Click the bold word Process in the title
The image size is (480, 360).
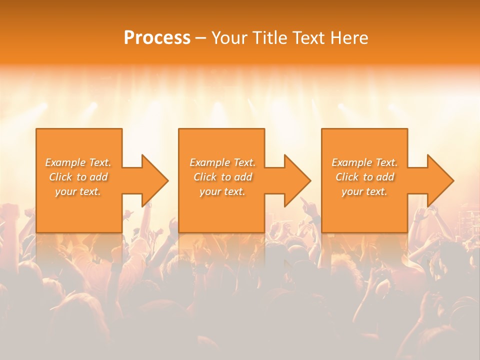click(x=157, y=38)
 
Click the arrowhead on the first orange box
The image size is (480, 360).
click(x=154, y=180)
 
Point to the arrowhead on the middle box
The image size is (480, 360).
click(x=297, y=180)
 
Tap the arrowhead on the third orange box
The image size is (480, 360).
click(x=440, y=180)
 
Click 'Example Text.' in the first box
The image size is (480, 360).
click(x=78, y=162)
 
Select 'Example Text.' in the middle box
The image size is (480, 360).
click(x=222, y=162)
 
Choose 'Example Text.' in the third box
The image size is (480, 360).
click(x=364, y=162)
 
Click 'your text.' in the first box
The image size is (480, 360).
click(x=78, y=191)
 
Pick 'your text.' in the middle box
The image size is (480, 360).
click(x=222, y=191)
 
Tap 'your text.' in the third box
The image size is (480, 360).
click(x=364, y=191)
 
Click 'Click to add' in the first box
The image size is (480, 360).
click(x=78, y=177)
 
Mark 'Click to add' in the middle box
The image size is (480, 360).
click(x=222, y=177)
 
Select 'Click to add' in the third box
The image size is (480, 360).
click(x=364, y=177)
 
